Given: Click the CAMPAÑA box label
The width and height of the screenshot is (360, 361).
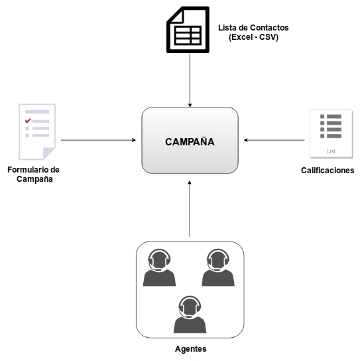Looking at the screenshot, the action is click(190, 141).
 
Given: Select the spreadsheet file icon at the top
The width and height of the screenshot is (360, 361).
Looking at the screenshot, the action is click(188, 30).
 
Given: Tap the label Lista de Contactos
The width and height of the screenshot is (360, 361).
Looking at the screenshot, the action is click(253, 28).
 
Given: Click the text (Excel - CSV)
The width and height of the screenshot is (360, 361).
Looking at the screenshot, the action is click(253, 37).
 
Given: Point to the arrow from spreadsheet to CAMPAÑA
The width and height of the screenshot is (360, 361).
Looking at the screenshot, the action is click(190, 80).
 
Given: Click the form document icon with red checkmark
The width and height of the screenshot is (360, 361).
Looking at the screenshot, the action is click(37, 132).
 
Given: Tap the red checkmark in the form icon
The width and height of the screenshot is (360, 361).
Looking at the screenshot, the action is click(28, 120).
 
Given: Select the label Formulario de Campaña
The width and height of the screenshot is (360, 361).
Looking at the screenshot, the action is click(34, 175).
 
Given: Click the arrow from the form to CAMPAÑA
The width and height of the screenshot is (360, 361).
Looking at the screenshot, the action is click(98, 140).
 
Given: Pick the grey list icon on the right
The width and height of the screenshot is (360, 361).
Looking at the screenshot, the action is click(331, 134).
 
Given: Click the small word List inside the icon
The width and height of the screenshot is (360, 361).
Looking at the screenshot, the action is click(331, 151).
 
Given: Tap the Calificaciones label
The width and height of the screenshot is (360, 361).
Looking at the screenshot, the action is click(328, 171).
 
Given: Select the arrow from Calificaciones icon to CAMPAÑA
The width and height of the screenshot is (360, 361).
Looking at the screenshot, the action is click(274, 140).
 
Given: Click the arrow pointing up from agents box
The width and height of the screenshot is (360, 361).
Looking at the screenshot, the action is click(190, 208).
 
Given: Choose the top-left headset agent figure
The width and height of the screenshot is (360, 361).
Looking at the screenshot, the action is click(159, 267).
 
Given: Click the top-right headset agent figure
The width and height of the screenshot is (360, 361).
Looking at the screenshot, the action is click(218, 267).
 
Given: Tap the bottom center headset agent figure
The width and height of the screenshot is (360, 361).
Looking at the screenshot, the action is click(190, 315).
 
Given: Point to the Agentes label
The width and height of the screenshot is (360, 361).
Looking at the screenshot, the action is click(191, 349).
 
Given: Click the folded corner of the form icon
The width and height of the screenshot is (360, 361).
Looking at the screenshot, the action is click(49, 154).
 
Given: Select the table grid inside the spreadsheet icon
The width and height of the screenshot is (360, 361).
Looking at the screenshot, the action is click(188, 35).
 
